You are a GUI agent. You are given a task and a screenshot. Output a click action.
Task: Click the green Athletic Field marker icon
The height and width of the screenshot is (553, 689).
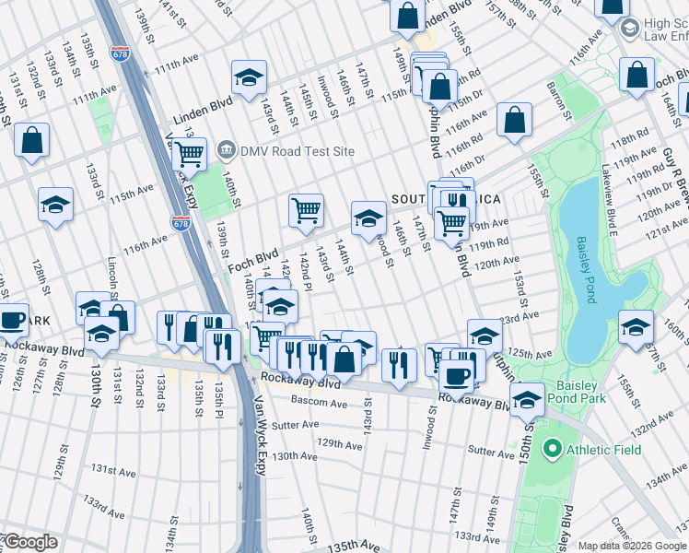pyautogui.click(x=552, y=450)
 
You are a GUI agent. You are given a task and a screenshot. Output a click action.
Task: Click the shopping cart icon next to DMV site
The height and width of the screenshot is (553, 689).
pyautogui.click(x=189, y=153)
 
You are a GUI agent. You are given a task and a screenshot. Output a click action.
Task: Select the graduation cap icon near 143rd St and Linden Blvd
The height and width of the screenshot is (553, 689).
pyautogui.click(x=248, y=78)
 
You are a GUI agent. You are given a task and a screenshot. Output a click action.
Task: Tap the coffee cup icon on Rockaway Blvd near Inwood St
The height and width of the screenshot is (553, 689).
pyautogui.click(x=455, y=374)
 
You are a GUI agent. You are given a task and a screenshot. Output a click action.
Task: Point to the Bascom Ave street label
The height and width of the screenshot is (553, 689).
pyautogui.click(x=319, y=403)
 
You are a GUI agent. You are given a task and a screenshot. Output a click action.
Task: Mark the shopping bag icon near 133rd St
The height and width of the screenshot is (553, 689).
pyautogui.click(x=32, y=141)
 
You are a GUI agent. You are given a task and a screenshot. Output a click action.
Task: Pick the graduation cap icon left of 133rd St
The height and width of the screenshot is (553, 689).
pyautogui.click(x=55, y=205)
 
